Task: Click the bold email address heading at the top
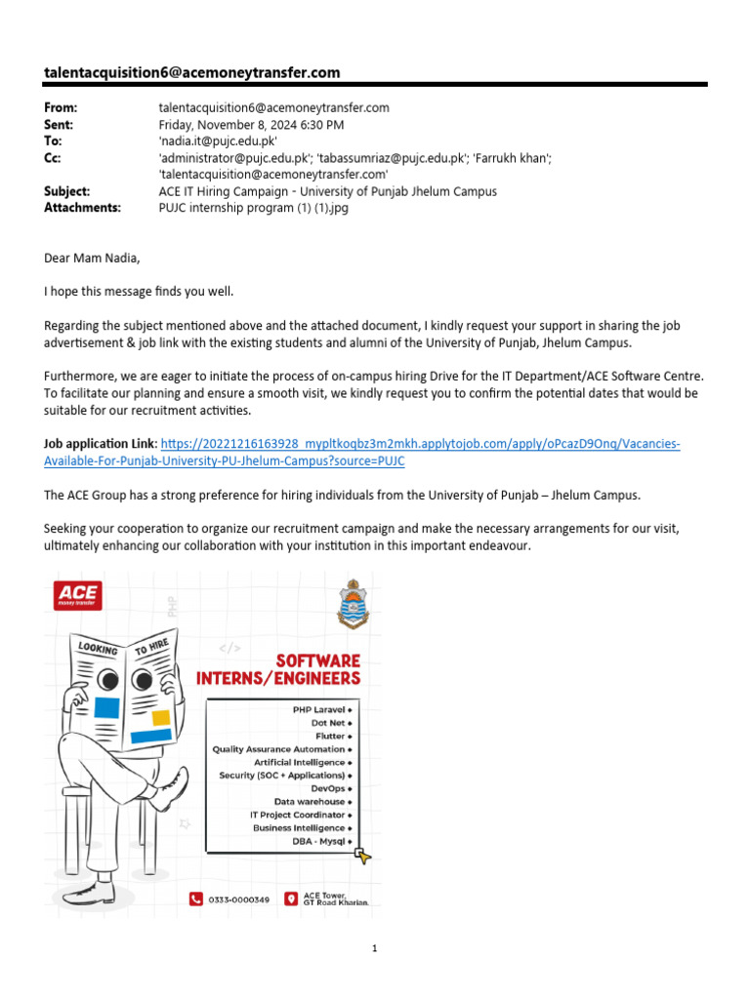click(x=192, y=72)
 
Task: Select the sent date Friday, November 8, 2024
click(x=251, y=125)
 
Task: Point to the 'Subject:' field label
click(x=67, y=191)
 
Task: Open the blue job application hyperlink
click(x=420, y=445)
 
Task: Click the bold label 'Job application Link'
click(x=100, y=445)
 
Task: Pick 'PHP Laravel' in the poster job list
click(x=319, y=709)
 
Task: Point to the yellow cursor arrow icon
click(x=362, y=856)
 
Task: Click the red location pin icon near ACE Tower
click(x=290, y=899)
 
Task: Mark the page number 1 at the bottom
click(x=374, y=948)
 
